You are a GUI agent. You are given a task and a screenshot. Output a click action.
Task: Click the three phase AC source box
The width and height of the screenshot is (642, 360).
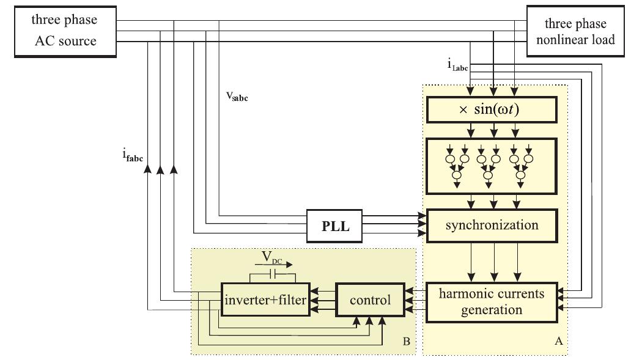pyautogui.click(x=65, y=31)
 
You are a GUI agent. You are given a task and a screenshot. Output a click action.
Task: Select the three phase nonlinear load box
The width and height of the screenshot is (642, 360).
pyautogui.click(x=575, y=32)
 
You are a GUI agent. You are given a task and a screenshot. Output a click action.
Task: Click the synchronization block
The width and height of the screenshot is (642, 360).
pyautogui.click(x=492, y=225)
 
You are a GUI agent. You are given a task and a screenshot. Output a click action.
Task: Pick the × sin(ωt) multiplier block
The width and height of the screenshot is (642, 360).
pyautogui.click(x=492, y=110)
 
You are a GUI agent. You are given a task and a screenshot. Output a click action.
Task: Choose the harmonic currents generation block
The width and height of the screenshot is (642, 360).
pyautogui.click(x=492, y=301)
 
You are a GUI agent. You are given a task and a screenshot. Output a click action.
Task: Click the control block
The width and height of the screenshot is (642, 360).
pyautogui.click(x=370, y=300)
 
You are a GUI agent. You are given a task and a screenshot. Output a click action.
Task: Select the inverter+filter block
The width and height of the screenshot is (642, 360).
pyautogui.click(x=265, y=300)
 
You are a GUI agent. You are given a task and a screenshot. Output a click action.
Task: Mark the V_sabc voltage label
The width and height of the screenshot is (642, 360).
pyautogui.click(x=237, y=96)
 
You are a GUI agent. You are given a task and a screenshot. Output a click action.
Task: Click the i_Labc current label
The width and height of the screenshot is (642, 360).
pyautogui.click(x=457, y=65)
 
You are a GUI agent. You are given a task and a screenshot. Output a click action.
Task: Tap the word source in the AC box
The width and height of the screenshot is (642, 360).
pyautogui.click(x=79, y=40)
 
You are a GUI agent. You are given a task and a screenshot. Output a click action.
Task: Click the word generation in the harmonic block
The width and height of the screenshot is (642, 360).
pyautogui.click(x=492, y=310)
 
